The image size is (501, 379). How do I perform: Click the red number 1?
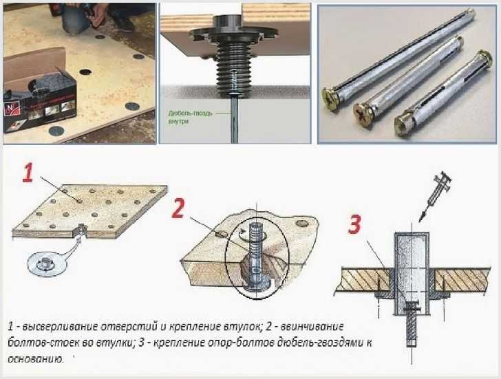pos(28,173)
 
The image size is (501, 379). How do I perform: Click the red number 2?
pos(178,208)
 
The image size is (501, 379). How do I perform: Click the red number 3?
pos(354,224)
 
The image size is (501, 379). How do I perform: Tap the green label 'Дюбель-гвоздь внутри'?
pos(190,117)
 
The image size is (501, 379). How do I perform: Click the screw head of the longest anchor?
pos(330,99)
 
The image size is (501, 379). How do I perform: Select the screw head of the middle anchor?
pos(363,115)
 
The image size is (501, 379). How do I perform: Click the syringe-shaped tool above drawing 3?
pos(435,196)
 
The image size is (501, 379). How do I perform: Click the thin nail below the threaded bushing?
pos(235,119)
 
